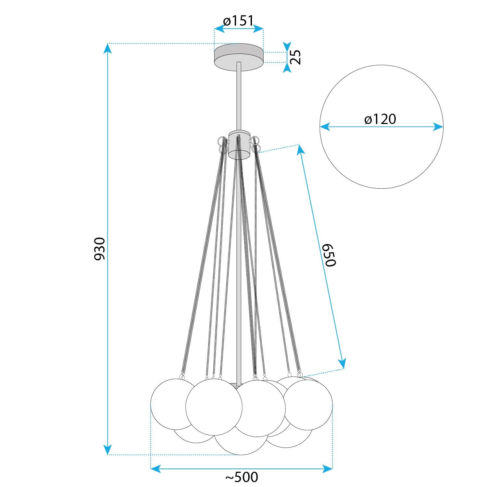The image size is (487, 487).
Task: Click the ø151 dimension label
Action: click(x=238, y=20)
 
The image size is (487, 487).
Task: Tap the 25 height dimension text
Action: click(x=295, y=57)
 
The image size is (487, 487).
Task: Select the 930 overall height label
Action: click(x=100, y=249)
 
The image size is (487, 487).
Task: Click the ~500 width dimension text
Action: click(x=242, y=477)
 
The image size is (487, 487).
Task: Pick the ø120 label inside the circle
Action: click(x=380, y=119)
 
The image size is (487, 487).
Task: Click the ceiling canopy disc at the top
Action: click(x=239, y=57)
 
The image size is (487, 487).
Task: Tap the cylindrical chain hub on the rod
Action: click(x=239, y=145)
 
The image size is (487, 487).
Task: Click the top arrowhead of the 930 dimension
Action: click(x=108, y=48)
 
